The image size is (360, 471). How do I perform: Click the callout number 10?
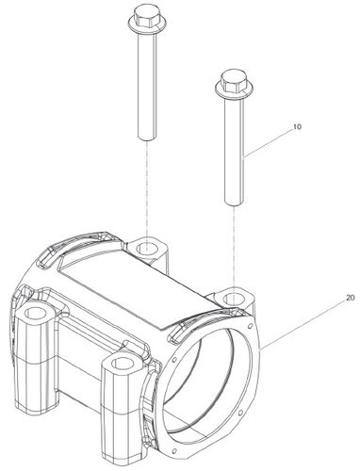coord(297,127)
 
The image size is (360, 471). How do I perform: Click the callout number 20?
coord(351,298)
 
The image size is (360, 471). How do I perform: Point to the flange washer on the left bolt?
coord(144,26)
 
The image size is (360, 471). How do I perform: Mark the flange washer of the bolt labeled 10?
coord(232,89)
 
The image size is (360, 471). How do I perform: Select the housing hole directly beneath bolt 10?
coord(233,298)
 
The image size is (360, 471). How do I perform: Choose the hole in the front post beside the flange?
coord(122,363)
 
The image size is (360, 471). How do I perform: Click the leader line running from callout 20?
coord(302,323)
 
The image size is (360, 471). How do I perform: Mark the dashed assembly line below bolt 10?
coord(235,250)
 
